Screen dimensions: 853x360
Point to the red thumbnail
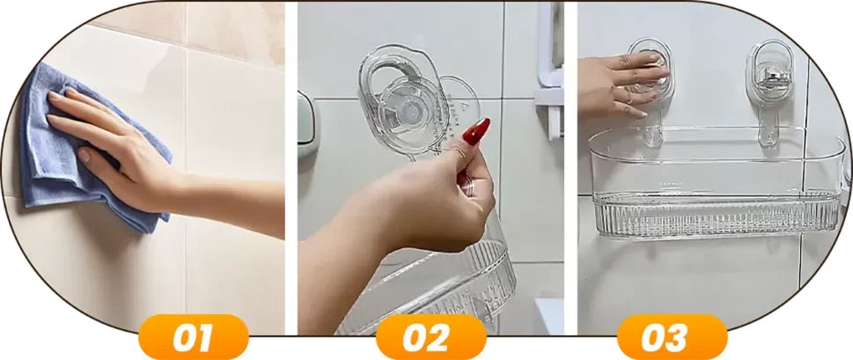pyautogui.click(x=476, y=132)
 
